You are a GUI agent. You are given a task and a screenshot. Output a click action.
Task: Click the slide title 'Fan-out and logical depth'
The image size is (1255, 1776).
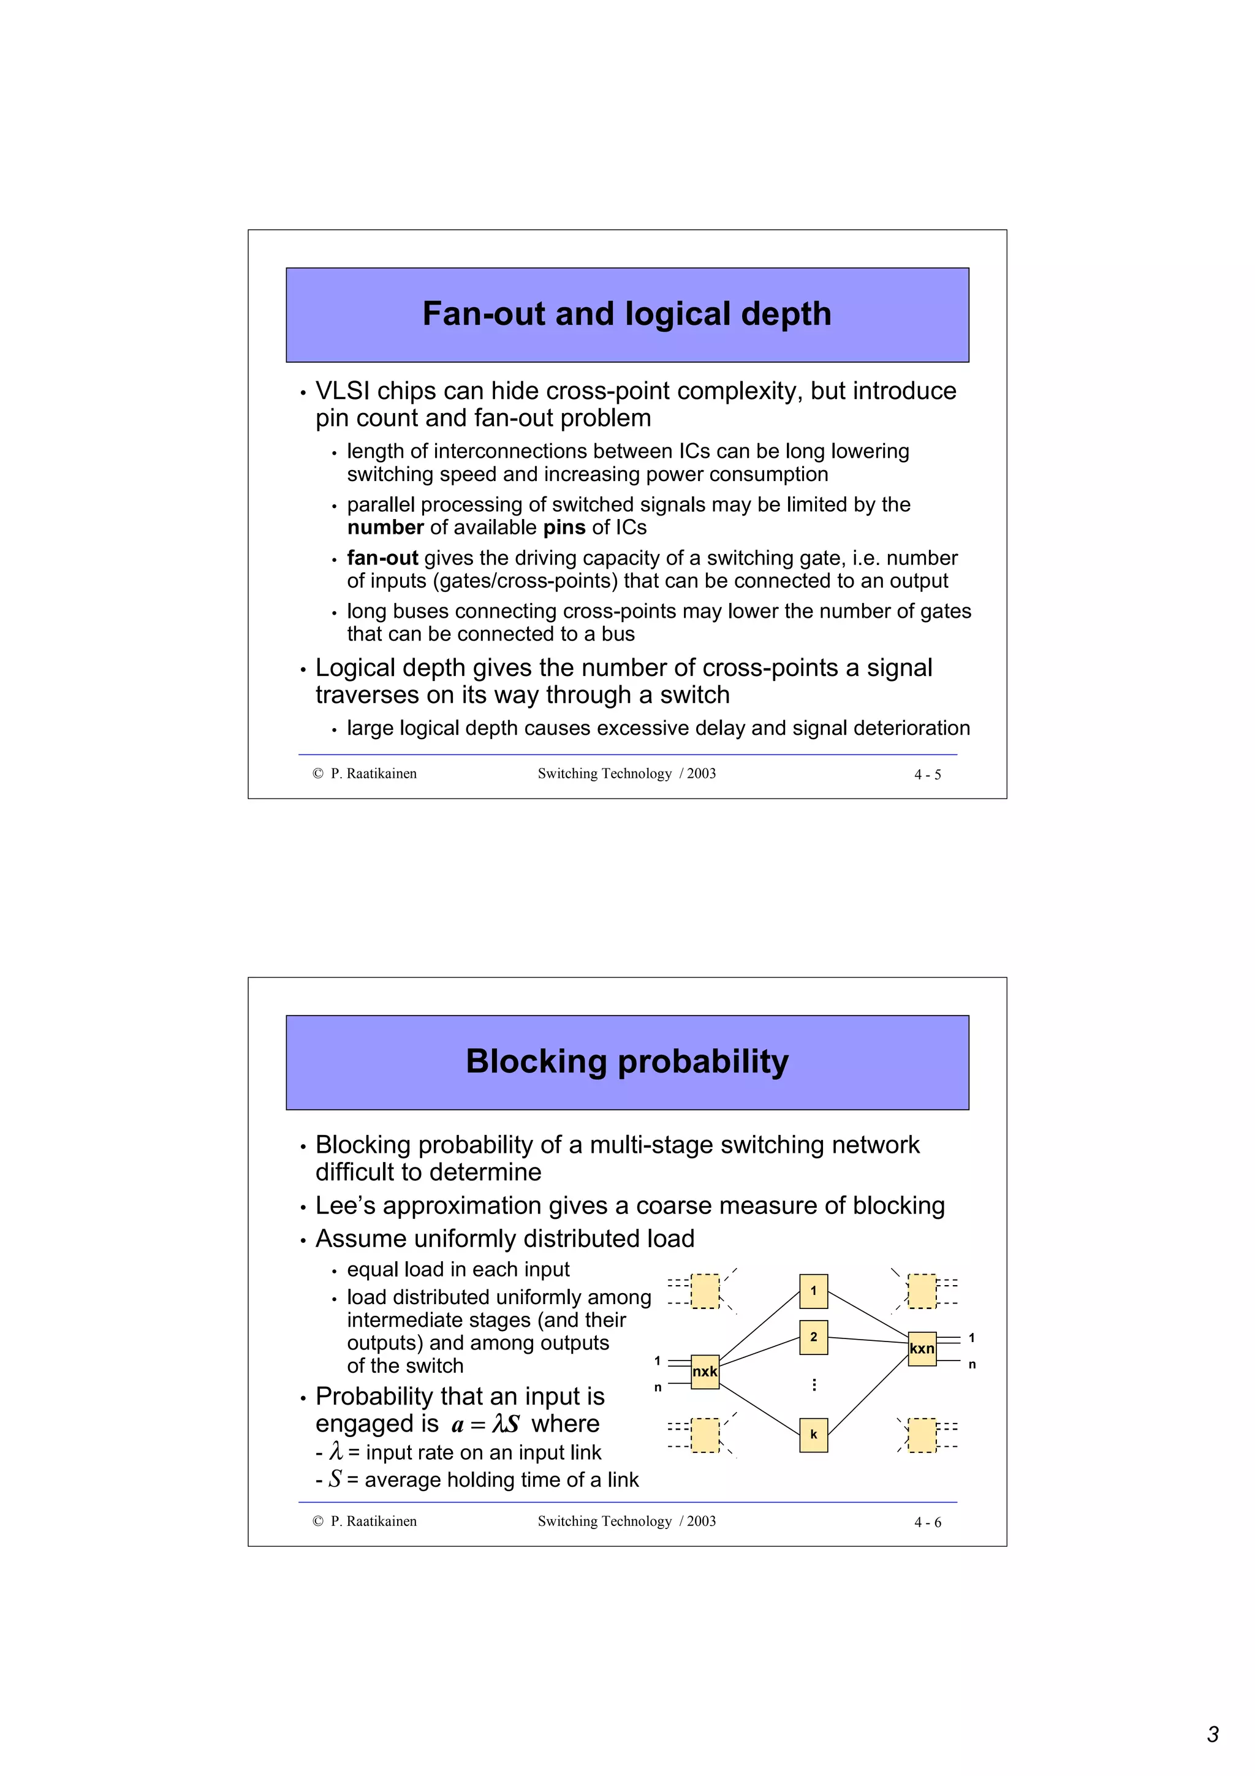(626, 314)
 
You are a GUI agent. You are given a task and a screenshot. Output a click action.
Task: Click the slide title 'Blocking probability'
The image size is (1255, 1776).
(626, 1061)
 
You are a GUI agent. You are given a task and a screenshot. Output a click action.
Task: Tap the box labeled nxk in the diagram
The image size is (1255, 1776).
(705, 1372)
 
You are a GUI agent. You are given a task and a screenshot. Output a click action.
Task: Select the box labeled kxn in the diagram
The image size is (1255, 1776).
(922, 1348)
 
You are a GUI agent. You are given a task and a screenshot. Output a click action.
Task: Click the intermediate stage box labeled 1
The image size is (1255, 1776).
(813, 1291)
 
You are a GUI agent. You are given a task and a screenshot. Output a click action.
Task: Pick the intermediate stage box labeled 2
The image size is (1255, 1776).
(813, 1337)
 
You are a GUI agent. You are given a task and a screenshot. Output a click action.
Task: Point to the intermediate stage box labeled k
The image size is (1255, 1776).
(813, 1434)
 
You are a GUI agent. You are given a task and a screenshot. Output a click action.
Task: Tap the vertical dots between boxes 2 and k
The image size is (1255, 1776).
(813, 1384)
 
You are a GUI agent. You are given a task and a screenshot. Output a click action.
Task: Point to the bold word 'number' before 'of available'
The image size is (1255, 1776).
(385, 528)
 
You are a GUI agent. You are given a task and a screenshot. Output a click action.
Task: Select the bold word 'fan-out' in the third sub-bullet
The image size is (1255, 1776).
(382, 558)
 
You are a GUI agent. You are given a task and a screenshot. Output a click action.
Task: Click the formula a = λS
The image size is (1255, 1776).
(485, 1424)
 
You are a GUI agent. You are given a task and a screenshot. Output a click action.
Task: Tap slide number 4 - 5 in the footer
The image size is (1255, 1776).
(927, 774)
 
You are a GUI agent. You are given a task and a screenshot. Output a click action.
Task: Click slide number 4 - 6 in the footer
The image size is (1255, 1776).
(927, 1522)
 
